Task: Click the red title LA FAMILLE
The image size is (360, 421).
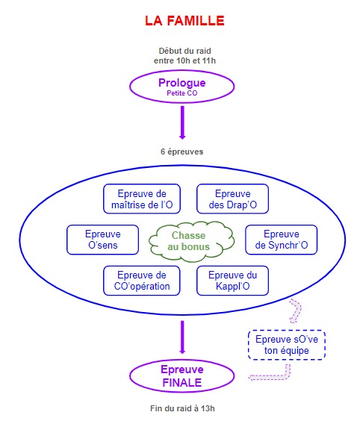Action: (184, 21)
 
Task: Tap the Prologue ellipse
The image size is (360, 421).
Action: (182, 87)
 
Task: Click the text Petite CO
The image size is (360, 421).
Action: (182, 93)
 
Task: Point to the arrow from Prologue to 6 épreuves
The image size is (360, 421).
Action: (182, 122)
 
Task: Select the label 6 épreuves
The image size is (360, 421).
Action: (182, 152)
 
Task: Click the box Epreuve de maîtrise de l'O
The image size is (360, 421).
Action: (142, 199)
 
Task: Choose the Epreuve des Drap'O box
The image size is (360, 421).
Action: (233, 199)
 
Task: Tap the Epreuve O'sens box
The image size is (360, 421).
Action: (102, 240)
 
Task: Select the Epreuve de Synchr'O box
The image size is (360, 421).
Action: (282, 240)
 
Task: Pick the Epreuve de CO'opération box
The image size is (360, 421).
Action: (142, 281)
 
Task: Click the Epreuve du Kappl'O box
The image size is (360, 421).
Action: (233, 281)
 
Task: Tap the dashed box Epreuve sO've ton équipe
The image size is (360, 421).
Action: (287, 345)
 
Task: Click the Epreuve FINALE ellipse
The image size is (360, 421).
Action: (182, 376)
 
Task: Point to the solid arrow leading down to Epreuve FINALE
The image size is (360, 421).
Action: (182, 337)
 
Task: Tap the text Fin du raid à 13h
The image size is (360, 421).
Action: (182, 408)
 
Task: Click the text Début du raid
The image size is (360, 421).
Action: (184, 51)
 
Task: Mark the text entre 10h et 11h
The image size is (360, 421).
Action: (184, 60)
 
